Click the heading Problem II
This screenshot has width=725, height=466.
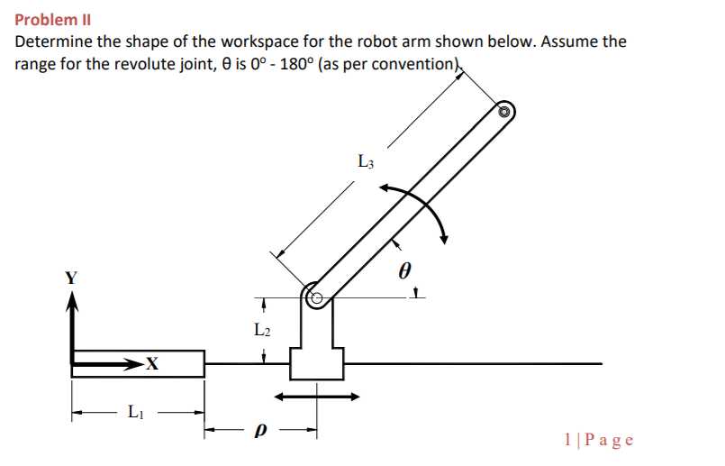53,19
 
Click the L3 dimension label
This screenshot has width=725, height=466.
366,163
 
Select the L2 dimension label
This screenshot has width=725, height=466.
262,331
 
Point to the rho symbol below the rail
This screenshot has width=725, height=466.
261,434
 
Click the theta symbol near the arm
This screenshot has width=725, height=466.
404,270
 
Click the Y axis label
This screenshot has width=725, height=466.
70,279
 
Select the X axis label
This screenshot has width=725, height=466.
152,364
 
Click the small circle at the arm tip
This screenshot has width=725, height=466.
505,112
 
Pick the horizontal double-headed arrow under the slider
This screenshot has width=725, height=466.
316,396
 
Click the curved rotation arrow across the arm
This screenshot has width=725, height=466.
420,209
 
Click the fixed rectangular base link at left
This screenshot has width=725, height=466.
138,364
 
